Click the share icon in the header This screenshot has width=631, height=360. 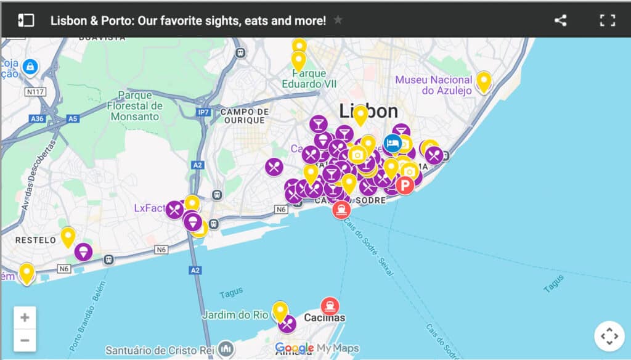[560, 20]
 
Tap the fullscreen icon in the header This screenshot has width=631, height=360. [608, 20]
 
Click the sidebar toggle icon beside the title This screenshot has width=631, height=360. [26, 20]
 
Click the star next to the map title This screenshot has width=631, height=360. [338, 20]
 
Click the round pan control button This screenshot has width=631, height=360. [609, 337]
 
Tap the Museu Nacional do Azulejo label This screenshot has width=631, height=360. [434, 85]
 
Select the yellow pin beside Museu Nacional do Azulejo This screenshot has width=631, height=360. [484, 81]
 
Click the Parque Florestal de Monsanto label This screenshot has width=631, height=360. [133, 105]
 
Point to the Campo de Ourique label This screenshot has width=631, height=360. [245, 116]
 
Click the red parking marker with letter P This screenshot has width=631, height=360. [405, 184]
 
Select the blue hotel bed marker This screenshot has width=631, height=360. [393, 143]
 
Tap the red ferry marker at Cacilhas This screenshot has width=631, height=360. [330, 306]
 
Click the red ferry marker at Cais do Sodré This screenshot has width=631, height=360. [341, 210]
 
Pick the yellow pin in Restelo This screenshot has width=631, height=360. [68, 236]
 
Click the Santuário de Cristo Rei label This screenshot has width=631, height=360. [162, 350]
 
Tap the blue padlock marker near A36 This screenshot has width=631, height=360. [29, 66]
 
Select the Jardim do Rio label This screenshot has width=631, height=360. [235, 315]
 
